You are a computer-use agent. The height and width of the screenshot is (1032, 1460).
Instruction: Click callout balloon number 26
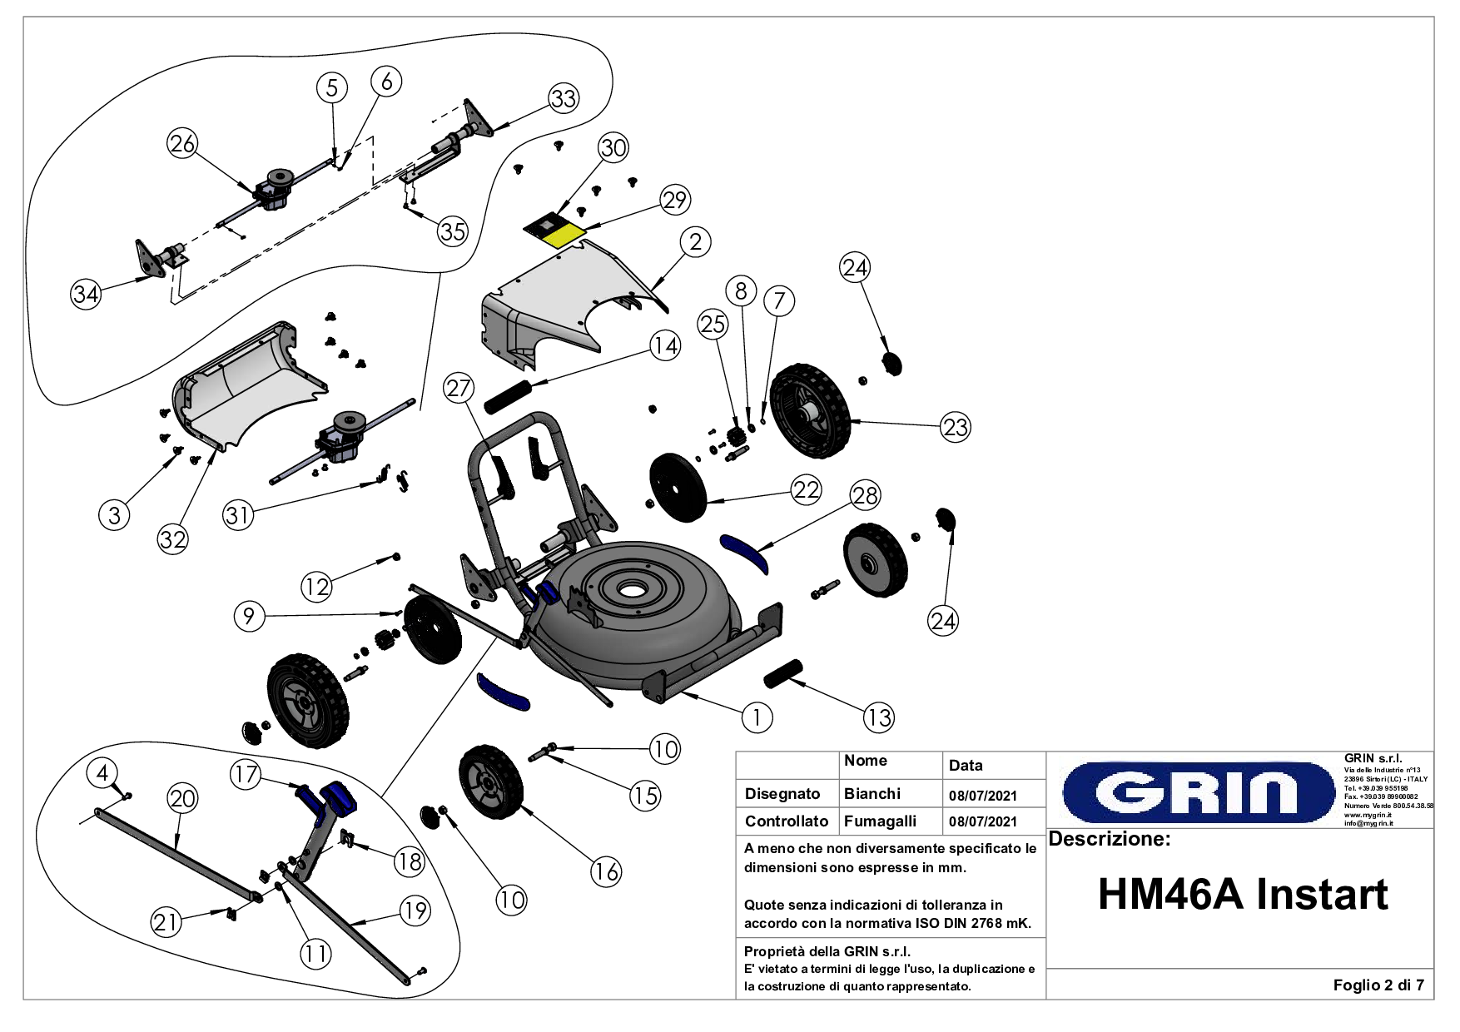182,143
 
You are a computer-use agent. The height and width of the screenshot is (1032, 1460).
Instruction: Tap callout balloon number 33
564,98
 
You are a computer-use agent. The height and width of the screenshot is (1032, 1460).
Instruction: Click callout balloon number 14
665,345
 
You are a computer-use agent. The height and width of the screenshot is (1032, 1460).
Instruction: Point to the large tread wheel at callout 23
810,410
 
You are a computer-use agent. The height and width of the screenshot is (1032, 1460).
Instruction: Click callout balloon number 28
865,495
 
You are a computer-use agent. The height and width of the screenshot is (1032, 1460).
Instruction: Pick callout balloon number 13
879,717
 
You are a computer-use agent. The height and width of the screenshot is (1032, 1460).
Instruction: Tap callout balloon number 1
757,717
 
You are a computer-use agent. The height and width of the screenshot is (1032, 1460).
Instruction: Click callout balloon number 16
606,871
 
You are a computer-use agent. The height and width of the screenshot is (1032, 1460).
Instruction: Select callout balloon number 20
182,798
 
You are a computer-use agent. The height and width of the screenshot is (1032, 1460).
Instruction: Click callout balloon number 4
102,772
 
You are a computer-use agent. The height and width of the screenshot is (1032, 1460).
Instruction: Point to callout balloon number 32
172,539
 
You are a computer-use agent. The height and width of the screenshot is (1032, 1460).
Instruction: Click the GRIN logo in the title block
1198,791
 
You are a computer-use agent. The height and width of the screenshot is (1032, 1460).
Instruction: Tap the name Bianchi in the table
872,793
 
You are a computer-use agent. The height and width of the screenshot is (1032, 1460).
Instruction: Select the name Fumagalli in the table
879,821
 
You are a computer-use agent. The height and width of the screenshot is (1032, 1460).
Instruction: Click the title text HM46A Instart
1242,895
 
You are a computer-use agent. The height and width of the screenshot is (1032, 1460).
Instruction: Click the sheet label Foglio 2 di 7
1378,985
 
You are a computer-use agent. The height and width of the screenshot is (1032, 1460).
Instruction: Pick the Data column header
966,766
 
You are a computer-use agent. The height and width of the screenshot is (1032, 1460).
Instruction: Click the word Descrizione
1109,839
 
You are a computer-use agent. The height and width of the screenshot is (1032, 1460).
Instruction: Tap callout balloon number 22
806,489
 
